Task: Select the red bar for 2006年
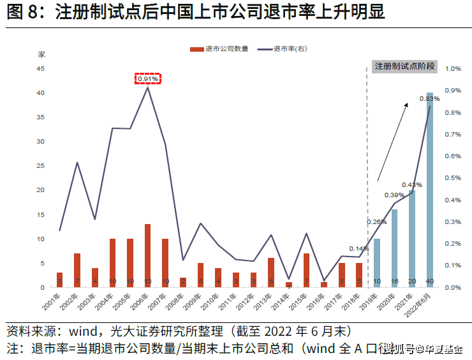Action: pos(148,255)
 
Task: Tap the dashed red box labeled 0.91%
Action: pos(148,79)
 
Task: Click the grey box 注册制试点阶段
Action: pos(404,66)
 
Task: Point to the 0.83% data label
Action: pos(429,99)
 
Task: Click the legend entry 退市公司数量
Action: pos(219,49)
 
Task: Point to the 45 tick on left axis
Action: pos(40,69)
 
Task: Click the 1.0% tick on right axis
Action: pos(453,69)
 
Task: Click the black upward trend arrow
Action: pos(393,140)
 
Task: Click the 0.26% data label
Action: pos(377,222)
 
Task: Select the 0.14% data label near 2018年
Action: pos(359,249)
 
